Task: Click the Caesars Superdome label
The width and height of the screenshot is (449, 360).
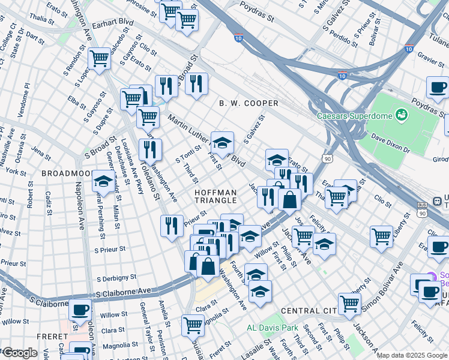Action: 355,115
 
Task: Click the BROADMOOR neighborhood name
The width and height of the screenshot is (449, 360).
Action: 67,173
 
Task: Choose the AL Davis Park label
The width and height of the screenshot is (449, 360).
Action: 273,328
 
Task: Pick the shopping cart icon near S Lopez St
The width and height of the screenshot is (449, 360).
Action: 99,59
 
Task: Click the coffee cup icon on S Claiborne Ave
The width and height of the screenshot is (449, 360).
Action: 80,310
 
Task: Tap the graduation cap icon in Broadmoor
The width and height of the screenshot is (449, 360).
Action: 103,181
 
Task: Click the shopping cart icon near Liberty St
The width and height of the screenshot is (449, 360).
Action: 381,236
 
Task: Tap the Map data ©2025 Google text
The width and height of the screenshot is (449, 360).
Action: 411,355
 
